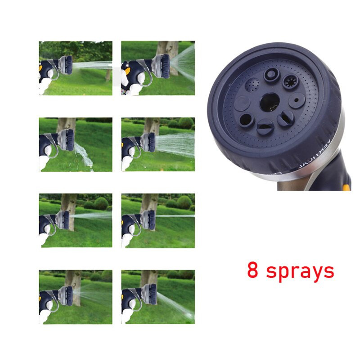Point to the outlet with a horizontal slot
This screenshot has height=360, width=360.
click(x=265, y=129)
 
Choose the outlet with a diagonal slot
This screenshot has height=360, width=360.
click(x=285, y=118)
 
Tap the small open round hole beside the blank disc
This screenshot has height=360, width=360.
click(x=246, y=119)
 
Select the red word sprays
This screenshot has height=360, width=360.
click(x=300, y=272)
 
